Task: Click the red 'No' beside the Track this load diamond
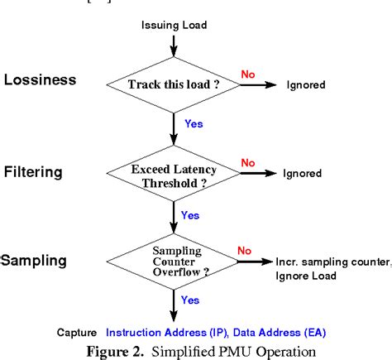click(x=248, y=73)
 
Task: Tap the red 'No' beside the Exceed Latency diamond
click(x=248, y=164)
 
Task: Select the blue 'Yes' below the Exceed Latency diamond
click(x=191, y=215)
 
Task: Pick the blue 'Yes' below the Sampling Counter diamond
click(x=191, y=302)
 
